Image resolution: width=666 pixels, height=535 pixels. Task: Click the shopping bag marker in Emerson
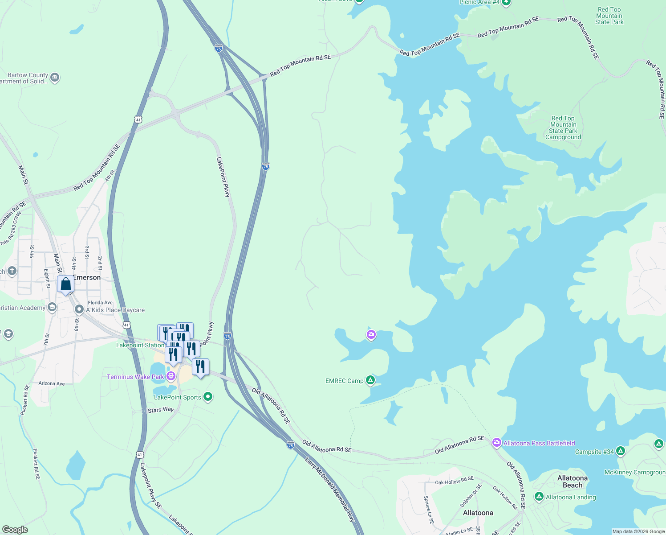coord(65,284)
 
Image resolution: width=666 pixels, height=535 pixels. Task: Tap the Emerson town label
coord(87,277)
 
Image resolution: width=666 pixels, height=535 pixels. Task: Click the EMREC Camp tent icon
coord(370,380)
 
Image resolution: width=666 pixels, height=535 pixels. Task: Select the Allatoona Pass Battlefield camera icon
coord(496,443)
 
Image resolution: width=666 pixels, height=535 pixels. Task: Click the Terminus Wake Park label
coord(135,377)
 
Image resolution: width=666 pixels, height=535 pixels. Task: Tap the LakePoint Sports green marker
coord(207,397)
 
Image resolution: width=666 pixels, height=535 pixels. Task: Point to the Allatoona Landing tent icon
coord(539,497)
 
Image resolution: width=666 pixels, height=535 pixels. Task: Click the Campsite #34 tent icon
coord(620,451)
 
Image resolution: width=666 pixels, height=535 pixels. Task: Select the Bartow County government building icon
coord(55,78)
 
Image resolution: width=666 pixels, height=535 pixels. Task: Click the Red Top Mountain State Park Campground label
coord(563,128)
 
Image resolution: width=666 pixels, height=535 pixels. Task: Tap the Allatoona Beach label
coord(573,481)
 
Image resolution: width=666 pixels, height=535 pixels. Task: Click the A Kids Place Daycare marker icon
coord(79,309)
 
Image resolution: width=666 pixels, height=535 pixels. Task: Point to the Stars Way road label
coord(161,410)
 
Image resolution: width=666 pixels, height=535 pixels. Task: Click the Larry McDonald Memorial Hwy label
coord(330,489)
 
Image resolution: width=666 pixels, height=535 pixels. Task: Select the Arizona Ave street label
coord(52,383)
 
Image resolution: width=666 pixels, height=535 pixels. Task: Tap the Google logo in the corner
coord(15,529)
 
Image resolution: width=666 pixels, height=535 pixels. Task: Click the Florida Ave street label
coord(100,302)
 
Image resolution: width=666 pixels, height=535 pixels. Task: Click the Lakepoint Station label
coord(140,345)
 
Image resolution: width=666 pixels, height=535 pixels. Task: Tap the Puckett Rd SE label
coord(36,464)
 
